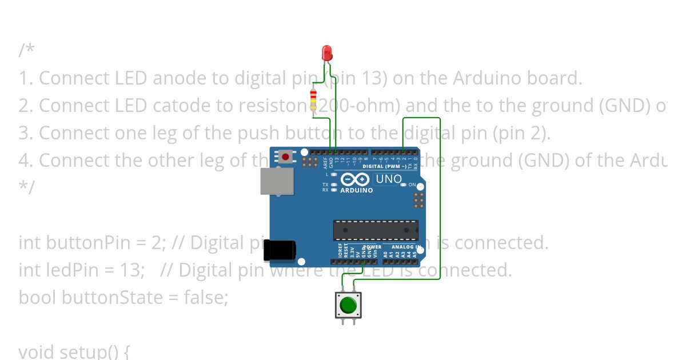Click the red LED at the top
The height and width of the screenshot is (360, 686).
tap(327, 53)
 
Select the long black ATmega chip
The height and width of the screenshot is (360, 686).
tap(376, 230)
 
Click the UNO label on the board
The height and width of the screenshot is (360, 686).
tap(388, 179)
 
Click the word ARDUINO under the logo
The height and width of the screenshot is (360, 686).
tap(356, 190)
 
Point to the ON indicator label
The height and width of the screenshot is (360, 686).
tap(412, 185)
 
